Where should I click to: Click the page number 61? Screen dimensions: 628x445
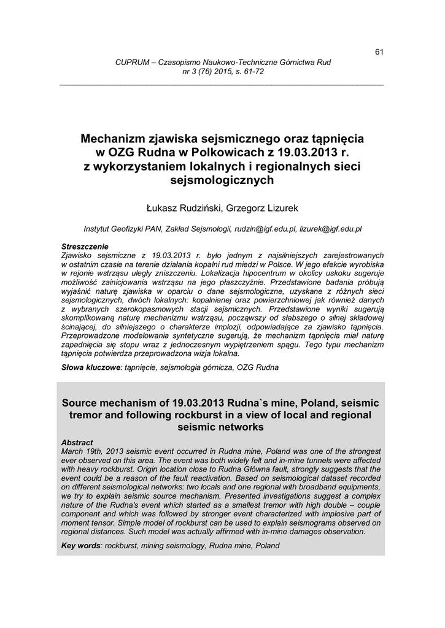(379, 52)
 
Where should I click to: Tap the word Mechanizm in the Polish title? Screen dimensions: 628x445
(114, 139)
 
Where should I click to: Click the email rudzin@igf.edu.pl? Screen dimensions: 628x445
(265, 229)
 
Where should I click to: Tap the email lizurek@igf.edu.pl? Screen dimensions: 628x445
(331, 229)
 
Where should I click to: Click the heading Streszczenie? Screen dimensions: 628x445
(85, 247)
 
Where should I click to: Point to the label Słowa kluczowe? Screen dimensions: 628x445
(91, 368)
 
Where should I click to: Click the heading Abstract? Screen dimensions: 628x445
(77, 442)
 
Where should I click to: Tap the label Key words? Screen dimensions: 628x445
(81, 545)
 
